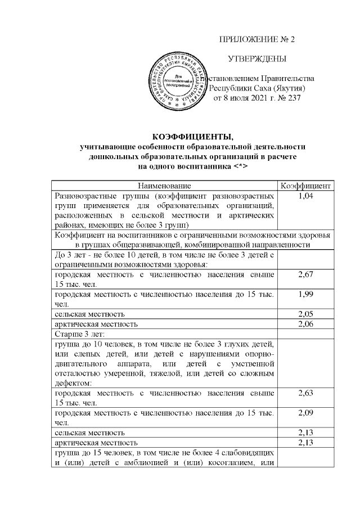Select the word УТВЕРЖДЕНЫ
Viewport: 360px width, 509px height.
(256, 59)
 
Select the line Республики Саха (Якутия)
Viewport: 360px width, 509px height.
(257, 88)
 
